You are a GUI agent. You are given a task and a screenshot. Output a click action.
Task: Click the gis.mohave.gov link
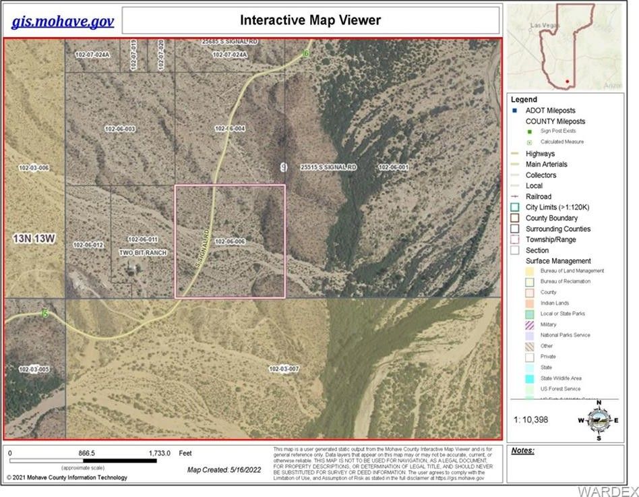click(63, 21)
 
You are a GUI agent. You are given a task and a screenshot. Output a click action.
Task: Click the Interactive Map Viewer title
click(310, 20)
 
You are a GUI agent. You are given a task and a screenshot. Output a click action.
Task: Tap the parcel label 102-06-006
click(229, 241)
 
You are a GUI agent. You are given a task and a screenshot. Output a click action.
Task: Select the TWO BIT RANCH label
click(142, 252)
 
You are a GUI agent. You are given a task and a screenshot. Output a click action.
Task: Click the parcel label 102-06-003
click(120, 128)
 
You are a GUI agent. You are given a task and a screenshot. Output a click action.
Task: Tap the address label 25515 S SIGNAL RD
click(328, 167)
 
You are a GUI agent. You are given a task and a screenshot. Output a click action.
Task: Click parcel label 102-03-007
click(283, 369)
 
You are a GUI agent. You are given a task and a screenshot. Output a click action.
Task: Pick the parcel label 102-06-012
click(88, 245)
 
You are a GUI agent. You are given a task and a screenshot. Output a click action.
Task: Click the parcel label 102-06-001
click(394, 167)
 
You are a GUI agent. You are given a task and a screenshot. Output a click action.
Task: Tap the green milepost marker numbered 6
click(305, 53)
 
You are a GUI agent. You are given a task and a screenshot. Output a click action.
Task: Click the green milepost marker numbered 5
click(45, 314)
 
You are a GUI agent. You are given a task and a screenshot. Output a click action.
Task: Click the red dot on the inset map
click(568, 82)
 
